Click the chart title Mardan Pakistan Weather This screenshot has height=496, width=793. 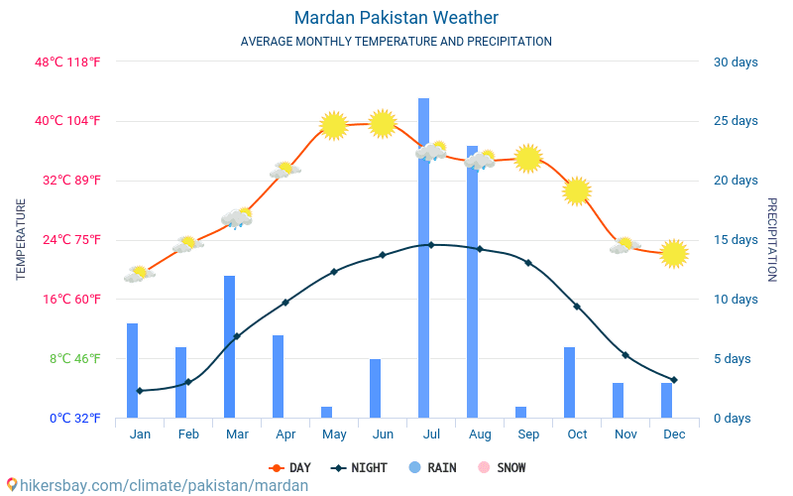click(x=396, y=18)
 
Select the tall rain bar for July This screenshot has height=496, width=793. click(x=423, y=258)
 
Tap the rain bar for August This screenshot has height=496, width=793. click(x=472, y=283)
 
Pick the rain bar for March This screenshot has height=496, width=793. click(x=229, y=347)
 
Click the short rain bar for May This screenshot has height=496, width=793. click(x=326, y=412)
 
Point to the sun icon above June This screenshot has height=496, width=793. click(x=383, y=123)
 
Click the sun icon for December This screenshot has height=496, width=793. click(x=674, y=254)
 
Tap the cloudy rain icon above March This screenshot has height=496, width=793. click(x=237, y=217)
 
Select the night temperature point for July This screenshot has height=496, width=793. click(x=430, y=244)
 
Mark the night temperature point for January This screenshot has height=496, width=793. click(x=140, y=391)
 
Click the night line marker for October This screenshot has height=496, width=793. click(x=577, y=307)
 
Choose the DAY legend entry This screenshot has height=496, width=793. click(x=290, y=467)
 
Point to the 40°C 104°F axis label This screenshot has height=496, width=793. click(x=68, y=121)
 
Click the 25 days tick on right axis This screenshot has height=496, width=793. click(x=736, y=121)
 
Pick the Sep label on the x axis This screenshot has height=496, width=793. click(x=528, y=434)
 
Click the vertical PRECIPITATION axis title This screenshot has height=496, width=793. click(x=772, y=239)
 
